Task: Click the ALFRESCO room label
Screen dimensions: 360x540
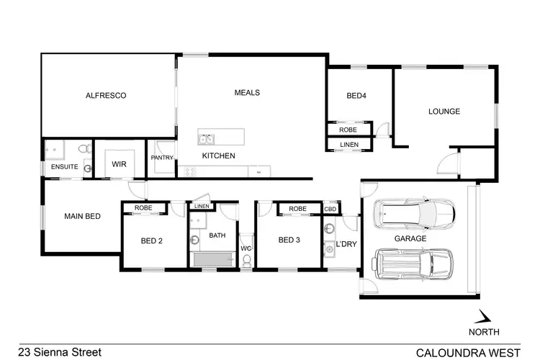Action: tap(106, 95)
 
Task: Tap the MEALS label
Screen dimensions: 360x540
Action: tap(247, 93)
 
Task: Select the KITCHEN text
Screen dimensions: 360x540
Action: tap(217, 156)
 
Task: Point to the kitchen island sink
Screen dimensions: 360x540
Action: tap(207, 138)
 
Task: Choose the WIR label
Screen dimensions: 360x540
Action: tap(119, 164)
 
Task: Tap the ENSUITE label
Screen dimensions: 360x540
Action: tap(64, 167)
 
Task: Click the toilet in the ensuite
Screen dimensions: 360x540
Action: tap(84, 148)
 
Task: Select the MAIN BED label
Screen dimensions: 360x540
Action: tap(82, 216)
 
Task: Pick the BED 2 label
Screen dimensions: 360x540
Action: tap(150, 240)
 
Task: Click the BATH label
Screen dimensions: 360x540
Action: tap(217, 235)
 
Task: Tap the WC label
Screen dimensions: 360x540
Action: tap(246, 248)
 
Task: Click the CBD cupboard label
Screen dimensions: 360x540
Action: tap(330, 210)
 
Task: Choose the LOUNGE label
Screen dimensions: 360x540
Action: tap(444, 112)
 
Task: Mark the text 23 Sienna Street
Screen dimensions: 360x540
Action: tap(60, 352)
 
